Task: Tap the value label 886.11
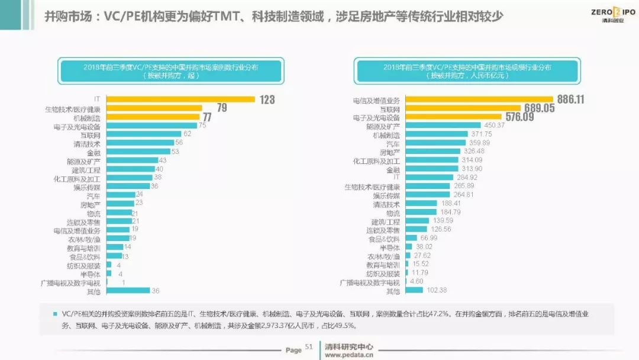click(569, 99)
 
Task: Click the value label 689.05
click(538, 108)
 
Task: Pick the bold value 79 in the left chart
click(222, 108)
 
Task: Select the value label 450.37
click(495, 126)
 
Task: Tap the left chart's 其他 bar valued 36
click(128, 291)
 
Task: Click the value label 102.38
click(436, 290)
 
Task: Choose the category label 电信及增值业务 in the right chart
click(380, 101)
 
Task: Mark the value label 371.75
click(473, 134)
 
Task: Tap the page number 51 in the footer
click(308, 348)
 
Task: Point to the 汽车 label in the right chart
click(393, 143)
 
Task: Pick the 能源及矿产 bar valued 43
click(131, 160)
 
